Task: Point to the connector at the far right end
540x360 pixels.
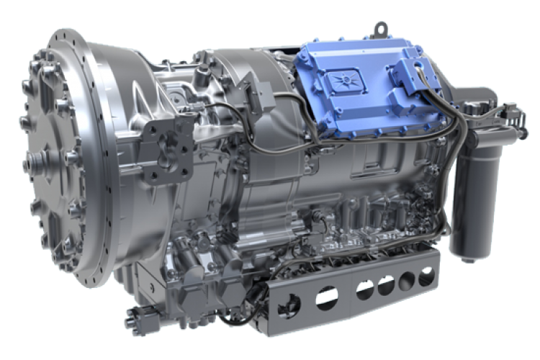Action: coord(512,112)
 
